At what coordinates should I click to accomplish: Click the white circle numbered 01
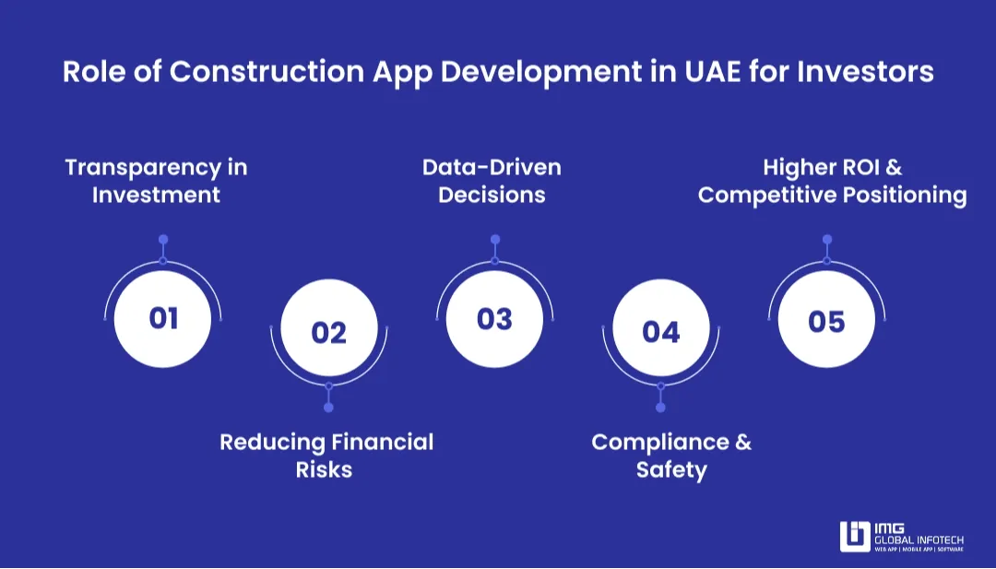(x=163, y=318)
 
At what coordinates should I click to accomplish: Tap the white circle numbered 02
(x=329, y=331)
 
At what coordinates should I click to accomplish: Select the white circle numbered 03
(x=494, y=318)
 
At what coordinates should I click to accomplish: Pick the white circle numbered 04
(x=660, y=331)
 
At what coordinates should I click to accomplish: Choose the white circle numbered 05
(x=826, y=320)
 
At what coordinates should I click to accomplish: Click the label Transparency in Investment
(x=156, y=181)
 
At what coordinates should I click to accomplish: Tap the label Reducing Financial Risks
(x=326, y=456)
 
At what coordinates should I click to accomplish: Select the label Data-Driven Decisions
(x=492, y=181)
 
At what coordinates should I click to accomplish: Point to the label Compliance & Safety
(x=671, y=456)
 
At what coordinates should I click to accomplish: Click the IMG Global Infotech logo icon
(x=855, y=537)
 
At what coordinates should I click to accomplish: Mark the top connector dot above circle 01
(x=163, y=240)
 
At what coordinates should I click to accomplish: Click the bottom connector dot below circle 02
(x=329, y=408)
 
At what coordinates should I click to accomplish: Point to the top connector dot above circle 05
(x=826, y=240)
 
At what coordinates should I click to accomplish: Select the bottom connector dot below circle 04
(x=660, y=408)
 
